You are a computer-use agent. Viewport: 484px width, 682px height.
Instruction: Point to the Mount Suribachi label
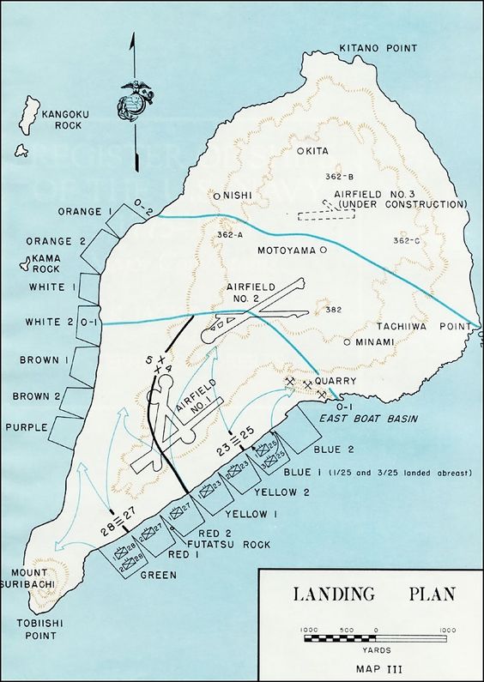coord(29,577)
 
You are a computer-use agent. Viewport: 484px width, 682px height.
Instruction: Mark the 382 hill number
coord(335,310)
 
